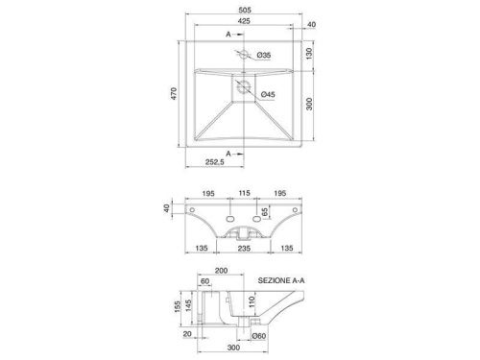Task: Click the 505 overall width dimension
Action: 245,10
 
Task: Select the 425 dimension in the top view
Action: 244,21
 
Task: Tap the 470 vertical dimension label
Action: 174,93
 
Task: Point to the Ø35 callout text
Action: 264,55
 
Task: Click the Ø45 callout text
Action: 268,94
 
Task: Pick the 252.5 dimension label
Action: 215,162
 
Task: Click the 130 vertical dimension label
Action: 309,54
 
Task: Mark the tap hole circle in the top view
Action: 244,55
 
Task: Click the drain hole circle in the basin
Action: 244,85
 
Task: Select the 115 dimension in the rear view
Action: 244,193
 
